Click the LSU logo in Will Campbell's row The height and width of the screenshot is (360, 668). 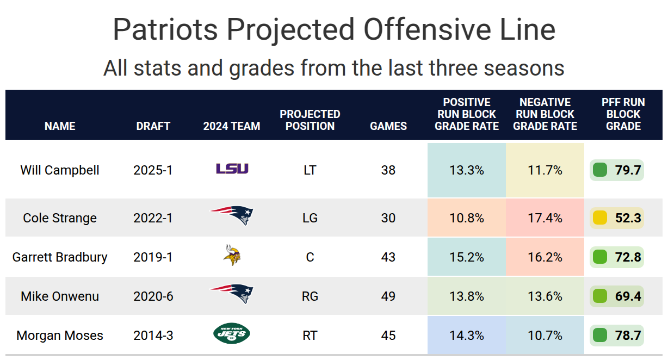point(232,169)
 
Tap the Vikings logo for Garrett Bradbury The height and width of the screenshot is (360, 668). point(232,256)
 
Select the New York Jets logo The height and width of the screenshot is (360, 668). point(232,333)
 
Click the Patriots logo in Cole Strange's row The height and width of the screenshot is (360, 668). point(232,216)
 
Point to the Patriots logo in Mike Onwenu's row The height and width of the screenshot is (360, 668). point(232,294)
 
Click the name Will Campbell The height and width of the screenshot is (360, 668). point(60,170)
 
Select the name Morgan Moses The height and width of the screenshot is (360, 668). point(60,336)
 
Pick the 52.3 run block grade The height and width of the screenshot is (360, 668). point(628,218)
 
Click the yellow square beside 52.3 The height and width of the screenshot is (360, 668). point(599,218)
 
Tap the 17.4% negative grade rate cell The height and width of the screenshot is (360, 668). point(545,218)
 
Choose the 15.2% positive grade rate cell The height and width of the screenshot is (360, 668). point(467,257)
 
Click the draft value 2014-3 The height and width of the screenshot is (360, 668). point(153,336)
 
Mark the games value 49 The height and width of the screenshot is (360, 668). point(388,296)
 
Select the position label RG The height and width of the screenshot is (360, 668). point(310,296)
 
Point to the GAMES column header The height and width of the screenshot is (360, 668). point(388,126)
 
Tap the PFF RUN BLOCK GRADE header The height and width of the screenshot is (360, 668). point(623,114)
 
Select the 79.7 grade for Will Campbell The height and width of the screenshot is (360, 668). point(628,170)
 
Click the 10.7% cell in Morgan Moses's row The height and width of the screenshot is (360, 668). point(545,336)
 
